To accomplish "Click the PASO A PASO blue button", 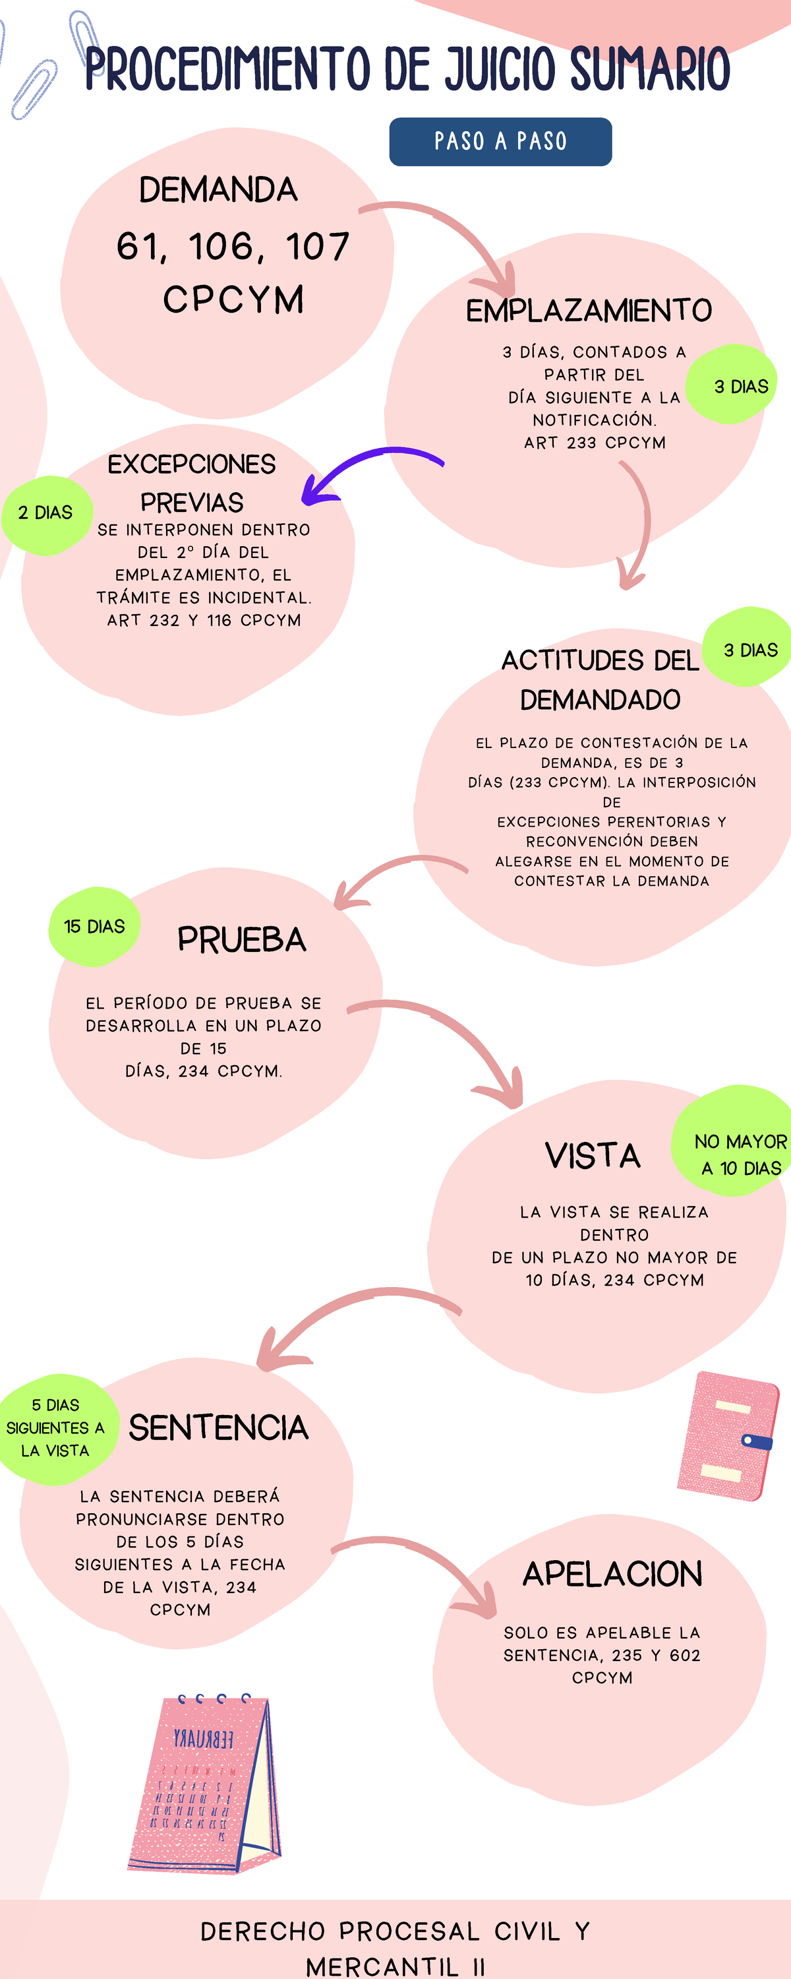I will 500,141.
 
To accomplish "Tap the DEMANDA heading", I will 218,190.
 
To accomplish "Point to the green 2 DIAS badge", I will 46,513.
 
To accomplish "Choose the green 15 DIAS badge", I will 94,927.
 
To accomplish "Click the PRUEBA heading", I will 241,939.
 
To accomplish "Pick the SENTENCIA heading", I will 218,1428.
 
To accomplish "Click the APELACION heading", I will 612,1573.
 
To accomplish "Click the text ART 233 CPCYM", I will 595,443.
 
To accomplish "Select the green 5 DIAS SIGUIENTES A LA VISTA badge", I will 55,1428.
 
